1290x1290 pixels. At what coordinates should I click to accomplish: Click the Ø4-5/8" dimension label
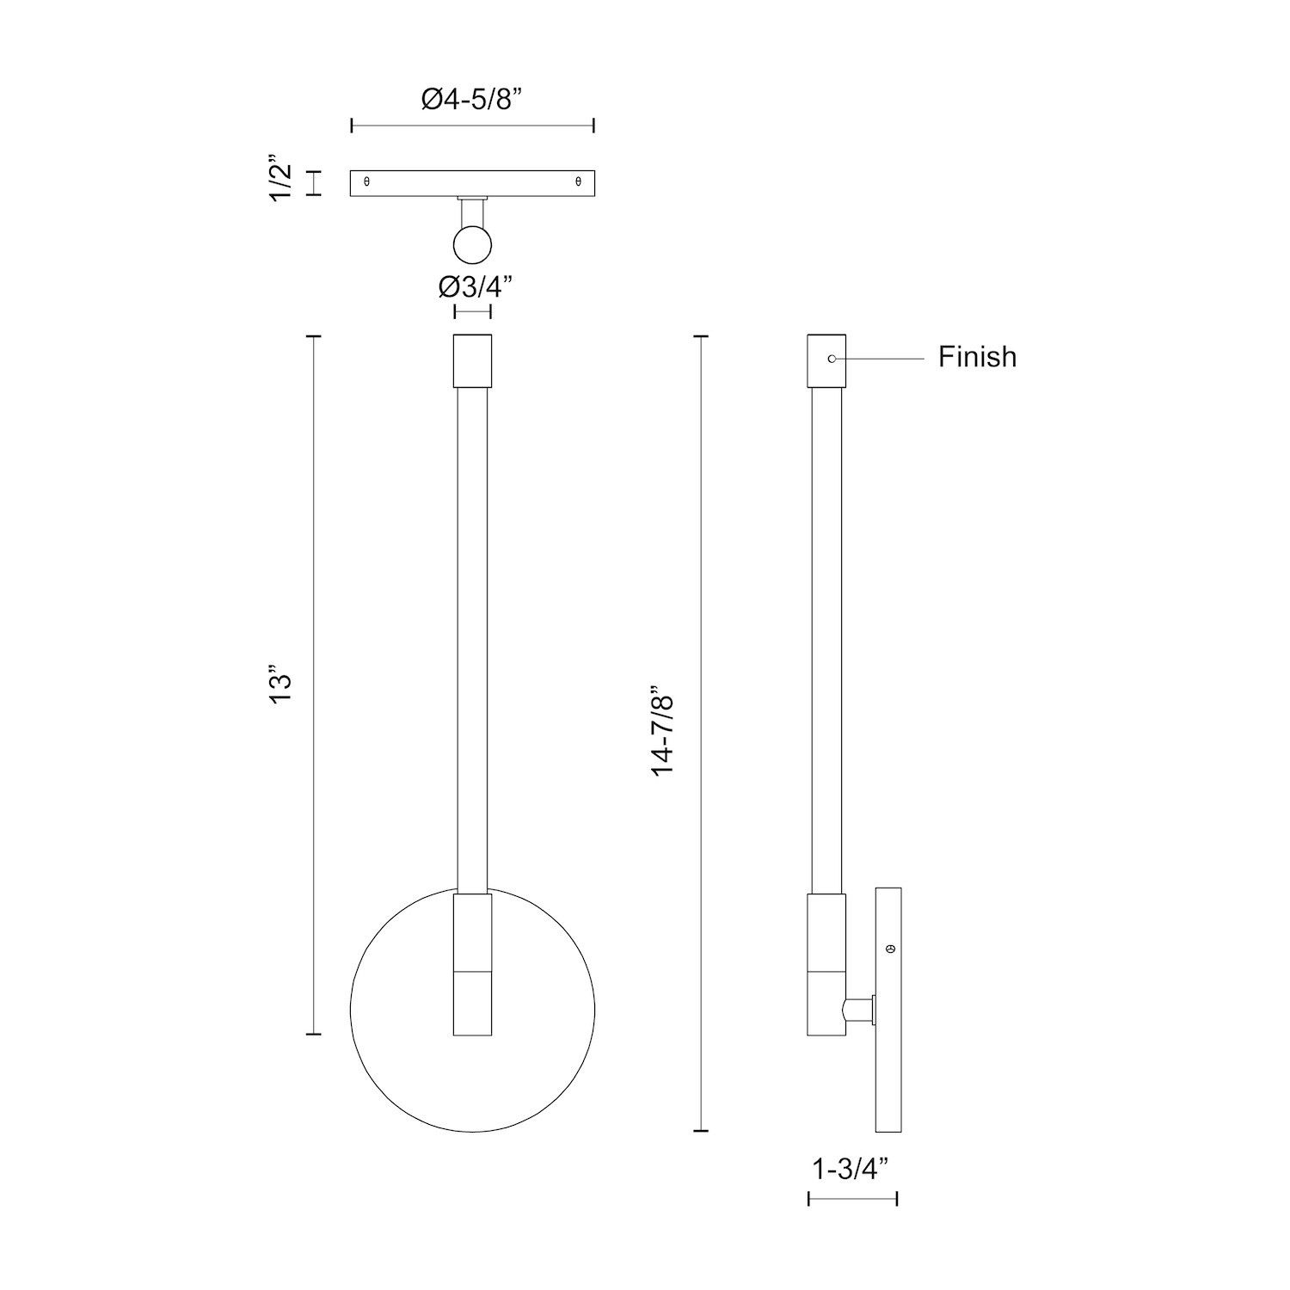pos(472,99)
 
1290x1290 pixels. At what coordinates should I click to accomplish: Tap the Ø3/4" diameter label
pos(476,285)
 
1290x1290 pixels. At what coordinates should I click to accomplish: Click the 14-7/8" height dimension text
pos(663,732)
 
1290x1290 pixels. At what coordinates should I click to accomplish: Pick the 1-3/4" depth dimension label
pos(852,1170)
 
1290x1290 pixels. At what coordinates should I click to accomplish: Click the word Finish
pos(977,356)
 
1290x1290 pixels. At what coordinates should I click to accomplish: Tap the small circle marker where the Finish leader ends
pos(832,358)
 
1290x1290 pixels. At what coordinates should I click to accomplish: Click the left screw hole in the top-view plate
pos(367,182)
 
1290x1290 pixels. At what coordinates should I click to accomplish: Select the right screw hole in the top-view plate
pos(578,182)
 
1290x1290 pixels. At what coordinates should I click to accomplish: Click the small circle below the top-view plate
pos(472,244)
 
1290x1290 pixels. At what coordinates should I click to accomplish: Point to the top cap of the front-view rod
pos(472,360)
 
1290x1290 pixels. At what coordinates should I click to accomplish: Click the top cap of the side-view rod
pos(826,360)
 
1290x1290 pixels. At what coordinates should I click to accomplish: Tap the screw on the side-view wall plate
pos(889,949)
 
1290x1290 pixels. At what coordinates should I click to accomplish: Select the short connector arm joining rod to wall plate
pos(858,1010)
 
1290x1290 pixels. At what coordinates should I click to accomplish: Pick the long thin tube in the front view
pos(472,636)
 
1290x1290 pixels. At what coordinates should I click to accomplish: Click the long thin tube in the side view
pos(826,636)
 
